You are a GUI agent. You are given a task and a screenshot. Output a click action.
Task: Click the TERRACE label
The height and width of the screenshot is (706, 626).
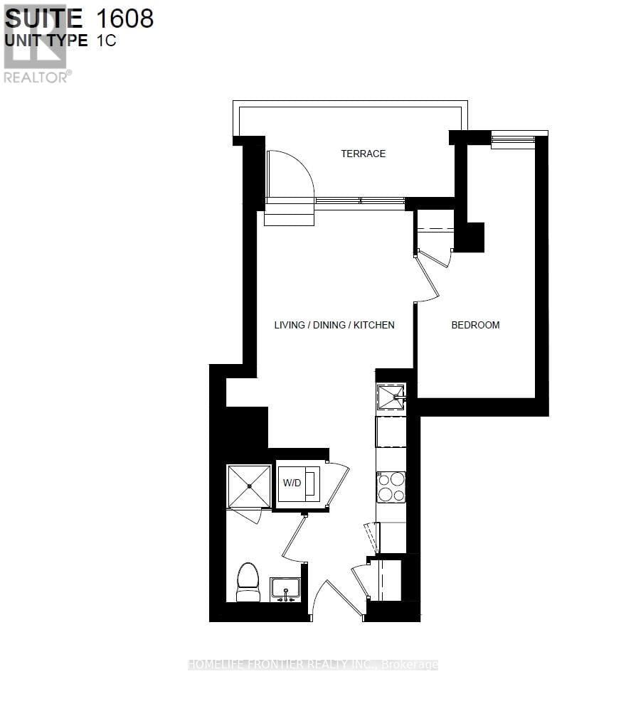(363, 154)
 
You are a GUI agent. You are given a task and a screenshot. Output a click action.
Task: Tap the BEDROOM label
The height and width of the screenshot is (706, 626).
(475, 325)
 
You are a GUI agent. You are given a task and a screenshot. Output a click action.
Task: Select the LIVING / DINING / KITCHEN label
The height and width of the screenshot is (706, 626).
(334, 325)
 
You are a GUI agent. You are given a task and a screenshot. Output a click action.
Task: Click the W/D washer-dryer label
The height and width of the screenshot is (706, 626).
(292, 484)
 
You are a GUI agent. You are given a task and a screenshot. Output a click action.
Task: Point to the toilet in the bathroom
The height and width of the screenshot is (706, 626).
(248, 582)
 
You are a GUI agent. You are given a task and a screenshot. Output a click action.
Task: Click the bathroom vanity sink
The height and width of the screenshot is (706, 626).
(285, 589)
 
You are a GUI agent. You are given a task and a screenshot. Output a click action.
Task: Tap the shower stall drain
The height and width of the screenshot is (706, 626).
(249, 486)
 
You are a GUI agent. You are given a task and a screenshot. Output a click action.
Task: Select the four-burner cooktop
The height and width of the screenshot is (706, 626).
(391, 487)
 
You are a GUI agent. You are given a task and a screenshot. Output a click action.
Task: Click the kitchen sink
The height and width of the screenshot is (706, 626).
(391, 397)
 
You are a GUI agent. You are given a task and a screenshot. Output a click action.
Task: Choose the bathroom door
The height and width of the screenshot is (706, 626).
(295, 537)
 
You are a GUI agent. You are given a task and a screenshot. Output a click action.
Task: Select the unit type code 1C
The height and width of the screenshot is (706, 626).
(107, 41)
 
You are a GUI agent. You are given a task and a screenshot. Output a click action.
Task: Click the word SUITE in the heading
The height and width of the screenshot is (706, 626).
(44, 18)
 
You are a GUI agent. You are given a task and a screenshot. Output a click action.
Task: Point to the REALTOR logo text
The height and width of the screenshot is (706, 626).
(37, 77)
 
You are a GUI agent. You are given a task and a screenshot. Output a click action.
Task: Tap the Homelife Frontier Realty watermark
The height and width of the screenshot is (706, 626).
(313, 665)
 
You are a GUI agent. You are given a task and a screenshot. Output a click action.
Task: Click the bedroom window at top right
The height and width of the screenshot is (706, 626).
(513, 139)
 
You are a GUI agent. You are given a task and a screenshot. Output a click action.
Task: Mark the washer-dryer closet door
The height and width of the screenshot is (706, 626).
(337, 485)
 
